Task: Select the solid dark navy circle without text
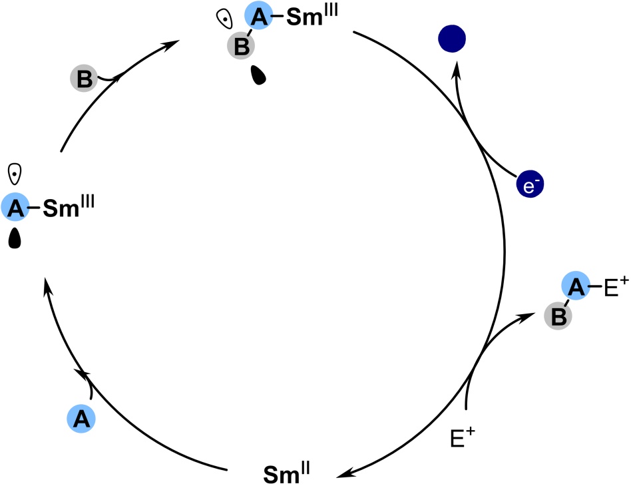[x=452, y=40]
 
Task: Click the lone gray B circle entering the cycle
[x=85, y=79]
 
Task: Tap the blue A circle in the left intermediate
[x=15, y=208]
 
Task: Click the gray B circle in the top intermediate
[x=240, y=46]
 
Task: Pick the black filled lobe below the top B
[x=258, y=75]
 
